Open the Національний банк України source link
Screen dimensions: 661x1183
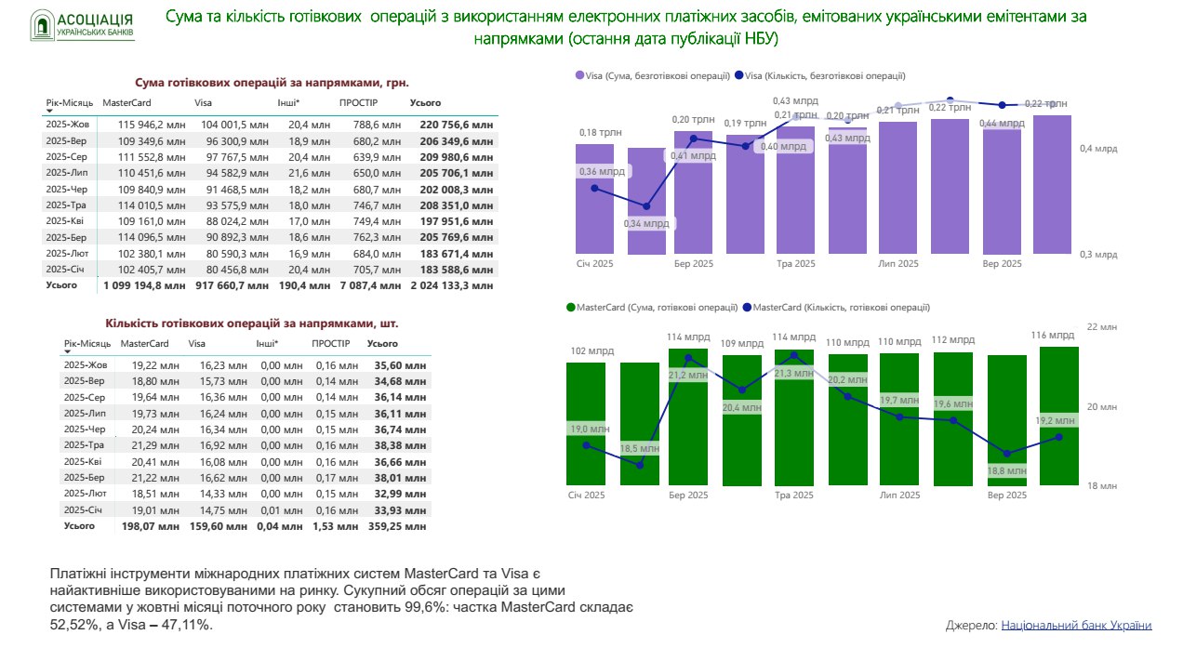pyautogui.click(x=1076, y=626)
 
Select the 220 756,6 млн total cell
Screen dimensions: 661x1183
pyautogui.click(x=457, y=124)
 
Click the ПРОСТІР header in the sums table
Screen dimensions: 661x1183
pyautogui.click(x=358, y=102)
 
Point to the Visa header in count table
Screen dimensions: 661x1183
pyautogui.click(x=197, y=344)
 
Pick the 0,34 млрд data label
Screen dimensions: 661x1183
pyautogui.click(x=647, y=223)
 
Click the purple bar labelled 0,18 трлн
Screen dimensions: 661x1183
pyautogui.click(x=594, y=198)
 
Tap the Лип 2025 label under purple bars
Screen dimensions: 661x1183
pyautogui.click(x=898, y=264)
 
